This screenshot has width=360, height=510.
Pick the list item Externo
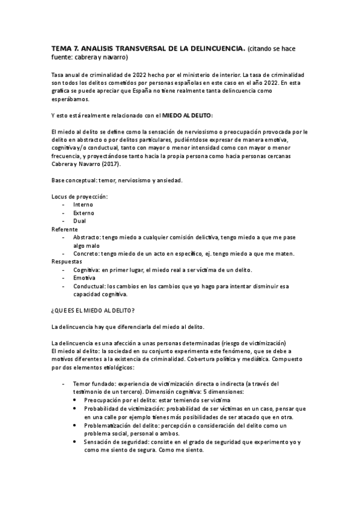(84, 213)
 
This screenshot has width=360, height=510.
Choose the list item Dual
(79, 221)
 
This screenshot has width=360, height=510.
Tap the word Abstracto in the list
(87, 237)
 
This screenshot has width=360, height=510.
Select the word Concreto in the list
(86, 254)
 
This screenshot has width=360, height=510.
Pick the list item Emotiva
(84, 278)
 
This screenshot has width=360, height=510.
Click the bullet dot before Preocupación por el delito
(75, 400)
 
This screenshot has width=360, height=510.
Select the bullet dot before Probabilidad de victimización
(75, 408)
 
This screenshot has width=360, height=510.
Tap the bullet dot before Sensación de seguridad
(75, 441)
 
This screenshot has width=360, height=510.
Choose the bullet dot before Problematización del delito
(75, 425)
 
